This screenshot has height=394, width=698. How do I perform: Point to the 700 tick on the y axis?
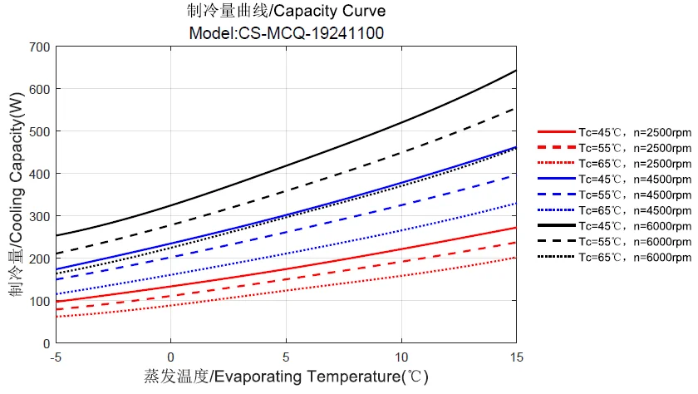pyautogui.click(x=39, y=47)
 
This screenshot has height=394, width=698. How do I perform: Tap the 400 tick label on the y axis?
pyautogui.click(x=39, y=174)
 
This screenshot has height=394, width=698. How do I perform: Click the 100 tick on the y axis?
pyautogui.click(x=39, y=301)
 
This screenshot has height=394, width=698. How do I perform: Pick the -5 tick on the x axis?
pyautogui.click(x=55, y=356)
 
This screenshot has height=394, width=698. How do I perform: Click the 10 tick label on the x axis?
pyautogui.click(x=401, y=356)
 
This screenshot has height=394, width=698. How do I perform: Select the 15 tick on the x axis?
pyautogui.click(x=516, y=356)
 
